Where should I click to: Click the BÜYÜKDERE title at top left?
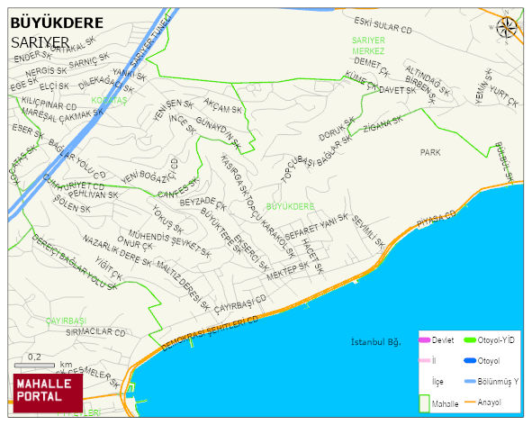coord(57,23)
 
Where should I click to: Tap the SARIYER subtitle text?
coord(41,42)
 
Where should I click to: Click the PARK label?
coord(430,153)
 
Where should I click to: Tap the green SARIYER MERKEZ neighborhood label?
coord(368,46)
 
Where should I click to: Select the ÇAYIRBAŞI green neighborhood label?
coord(66,321)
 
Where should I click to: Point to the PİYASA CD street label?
coord(437,219)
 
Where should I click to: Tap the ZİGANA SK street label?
coord(382,128)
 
